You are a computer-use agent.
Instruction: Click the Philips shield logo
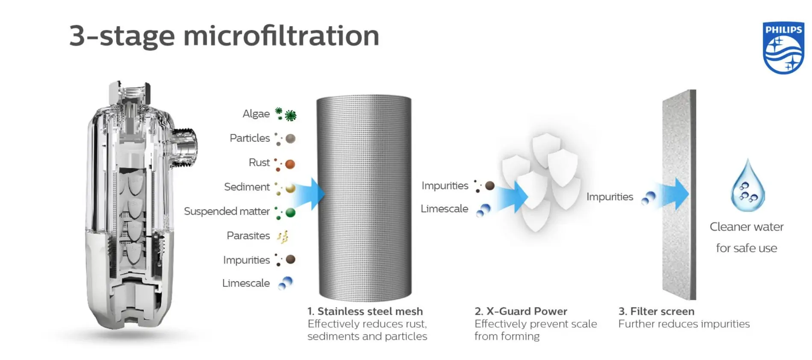(x=783, y=48)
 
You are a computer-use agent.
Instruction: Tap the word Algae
(x=256, y=114)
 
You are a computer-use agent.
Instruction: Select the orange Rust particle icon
(x=290, y=164)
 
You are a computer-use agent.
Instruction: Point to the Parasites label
(x=248, y=236)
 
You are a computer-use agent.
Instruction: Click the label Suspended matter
(x=227, y=211)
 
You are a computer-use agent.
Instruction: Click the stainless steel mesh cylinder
(x=364, y=197)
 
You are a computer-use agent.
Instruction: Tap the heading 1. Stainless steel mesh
(x=365, y=311)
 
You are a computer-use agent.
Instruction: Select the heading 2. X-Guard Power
(x=521, y=311)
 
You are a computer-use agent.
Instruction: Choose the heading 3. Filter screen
(x=656, y=311)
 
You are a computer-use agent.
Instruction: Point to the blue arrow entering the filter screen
(x=673, y=194)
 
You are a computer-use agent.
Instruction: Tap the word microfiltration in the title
(x=281, y=36)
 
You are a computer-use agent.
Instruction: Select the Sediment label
(x=247, y=187)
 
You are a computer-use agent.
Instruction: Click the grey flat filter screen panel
(x=679, y=195)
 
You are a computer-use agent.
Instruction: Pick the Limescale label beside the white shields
(x=444, y=209)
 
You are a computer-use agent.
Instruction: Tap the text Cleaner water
(x=747, y=227)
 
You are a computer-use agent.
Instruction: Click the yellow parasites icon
(x=283, y=236)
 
